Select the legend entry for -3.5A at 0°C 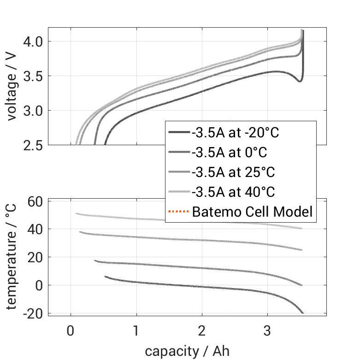click(229, 153)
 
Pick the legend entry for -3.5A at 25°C click(233, 172)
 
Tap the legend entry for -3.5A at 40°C click(233, 192)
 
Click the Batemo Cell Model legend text click(252, 212)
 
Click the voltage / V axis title click(12, 86)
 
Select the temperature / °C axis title click(12, 257)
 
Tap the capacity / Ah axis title click(187, 351)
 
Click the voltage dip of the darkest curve click(300, 81)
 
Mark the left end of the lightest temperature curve click(77, 213)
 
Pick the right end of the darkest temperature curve click(303, 313)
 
